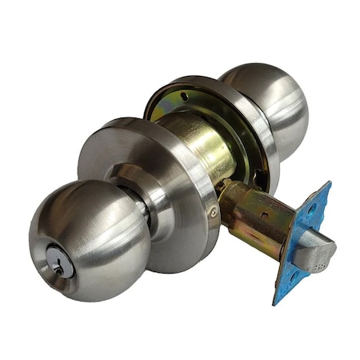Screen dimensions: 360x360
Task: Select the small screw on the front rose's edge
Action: point(213,212)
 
